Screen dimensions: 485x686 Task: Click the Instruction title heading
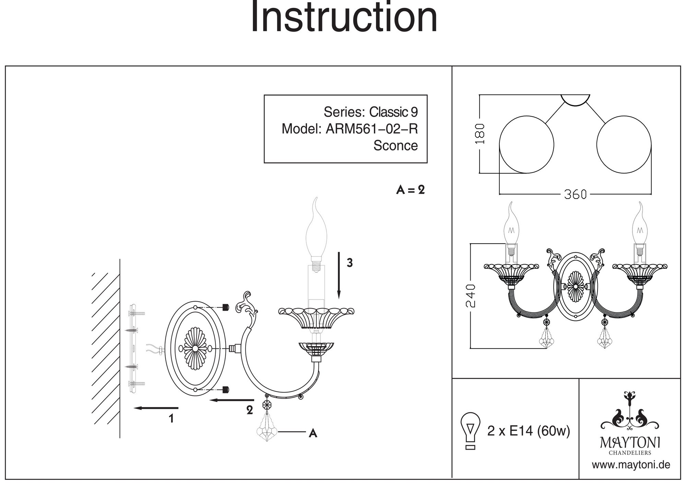point(344,17)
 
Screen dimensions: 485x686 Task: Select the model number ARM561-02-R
point(371,129)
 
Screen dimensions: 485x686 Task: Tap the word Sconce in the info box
point(395,145)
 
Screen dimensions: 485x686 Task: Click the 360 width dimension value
point(575,194)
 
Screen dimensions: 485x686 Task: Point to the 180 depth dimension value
point(480,134)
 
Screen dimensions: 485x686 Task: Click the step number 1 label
point(171,419)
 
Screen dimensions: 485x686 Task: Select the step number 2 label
point(250,410)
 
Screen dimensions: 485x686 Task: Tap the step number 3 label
point(350,263)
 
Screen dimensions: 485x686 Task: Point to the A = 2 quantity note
point(411,190)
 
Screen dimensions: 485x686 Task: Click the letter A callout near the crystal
point(313,434)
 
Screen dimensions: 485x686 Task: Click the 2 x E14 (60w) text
point(528,431)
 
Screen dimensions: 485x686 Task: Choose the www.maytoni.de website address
point(631,465)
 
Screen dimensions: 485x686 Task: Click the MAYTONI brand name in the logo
point(630,442)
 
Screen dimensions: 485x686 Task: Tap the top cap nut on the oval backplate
point(226,307)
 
